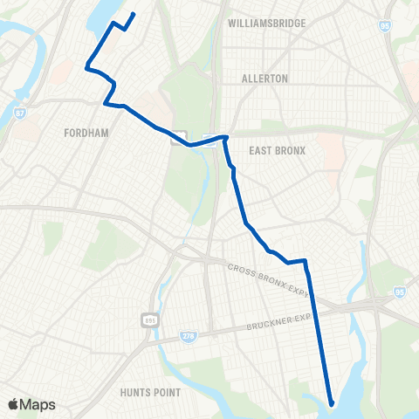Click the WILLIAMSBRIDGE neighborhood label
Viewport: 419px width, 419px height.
(266, 23)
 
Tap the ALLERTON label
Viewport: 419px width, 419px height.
(265, 79)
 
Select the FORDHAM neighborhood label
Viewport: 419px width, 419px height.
(86, 134)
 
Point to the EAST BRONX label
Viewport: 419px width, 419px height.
(277, 150)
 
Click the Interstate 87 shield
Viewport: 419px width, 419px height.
(19, 112)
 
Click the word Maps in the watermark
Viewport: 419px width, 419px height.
(40, 404)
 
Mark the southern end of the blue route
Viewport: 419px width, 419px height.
(332, 402)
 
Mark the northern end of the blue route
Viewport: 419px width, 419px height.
(134, 13)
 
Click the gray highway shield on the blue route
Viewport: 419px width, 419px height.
(180, 137)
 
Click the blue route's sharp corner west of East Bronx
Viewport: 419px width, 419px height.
(227, 137)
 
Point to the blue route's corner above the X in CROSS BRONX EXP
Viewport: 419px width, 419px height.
(306, 259)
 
